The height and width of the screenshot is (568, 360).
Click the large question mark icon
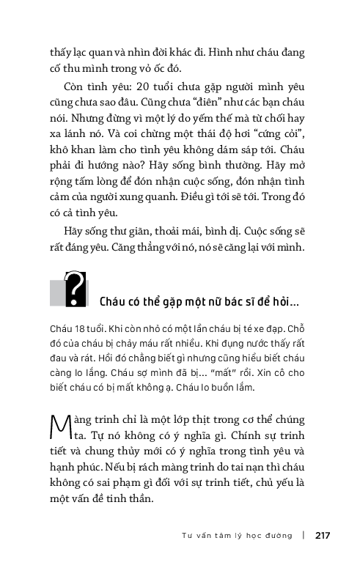75,290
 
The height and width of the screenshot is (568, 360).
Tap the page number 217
323,535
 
